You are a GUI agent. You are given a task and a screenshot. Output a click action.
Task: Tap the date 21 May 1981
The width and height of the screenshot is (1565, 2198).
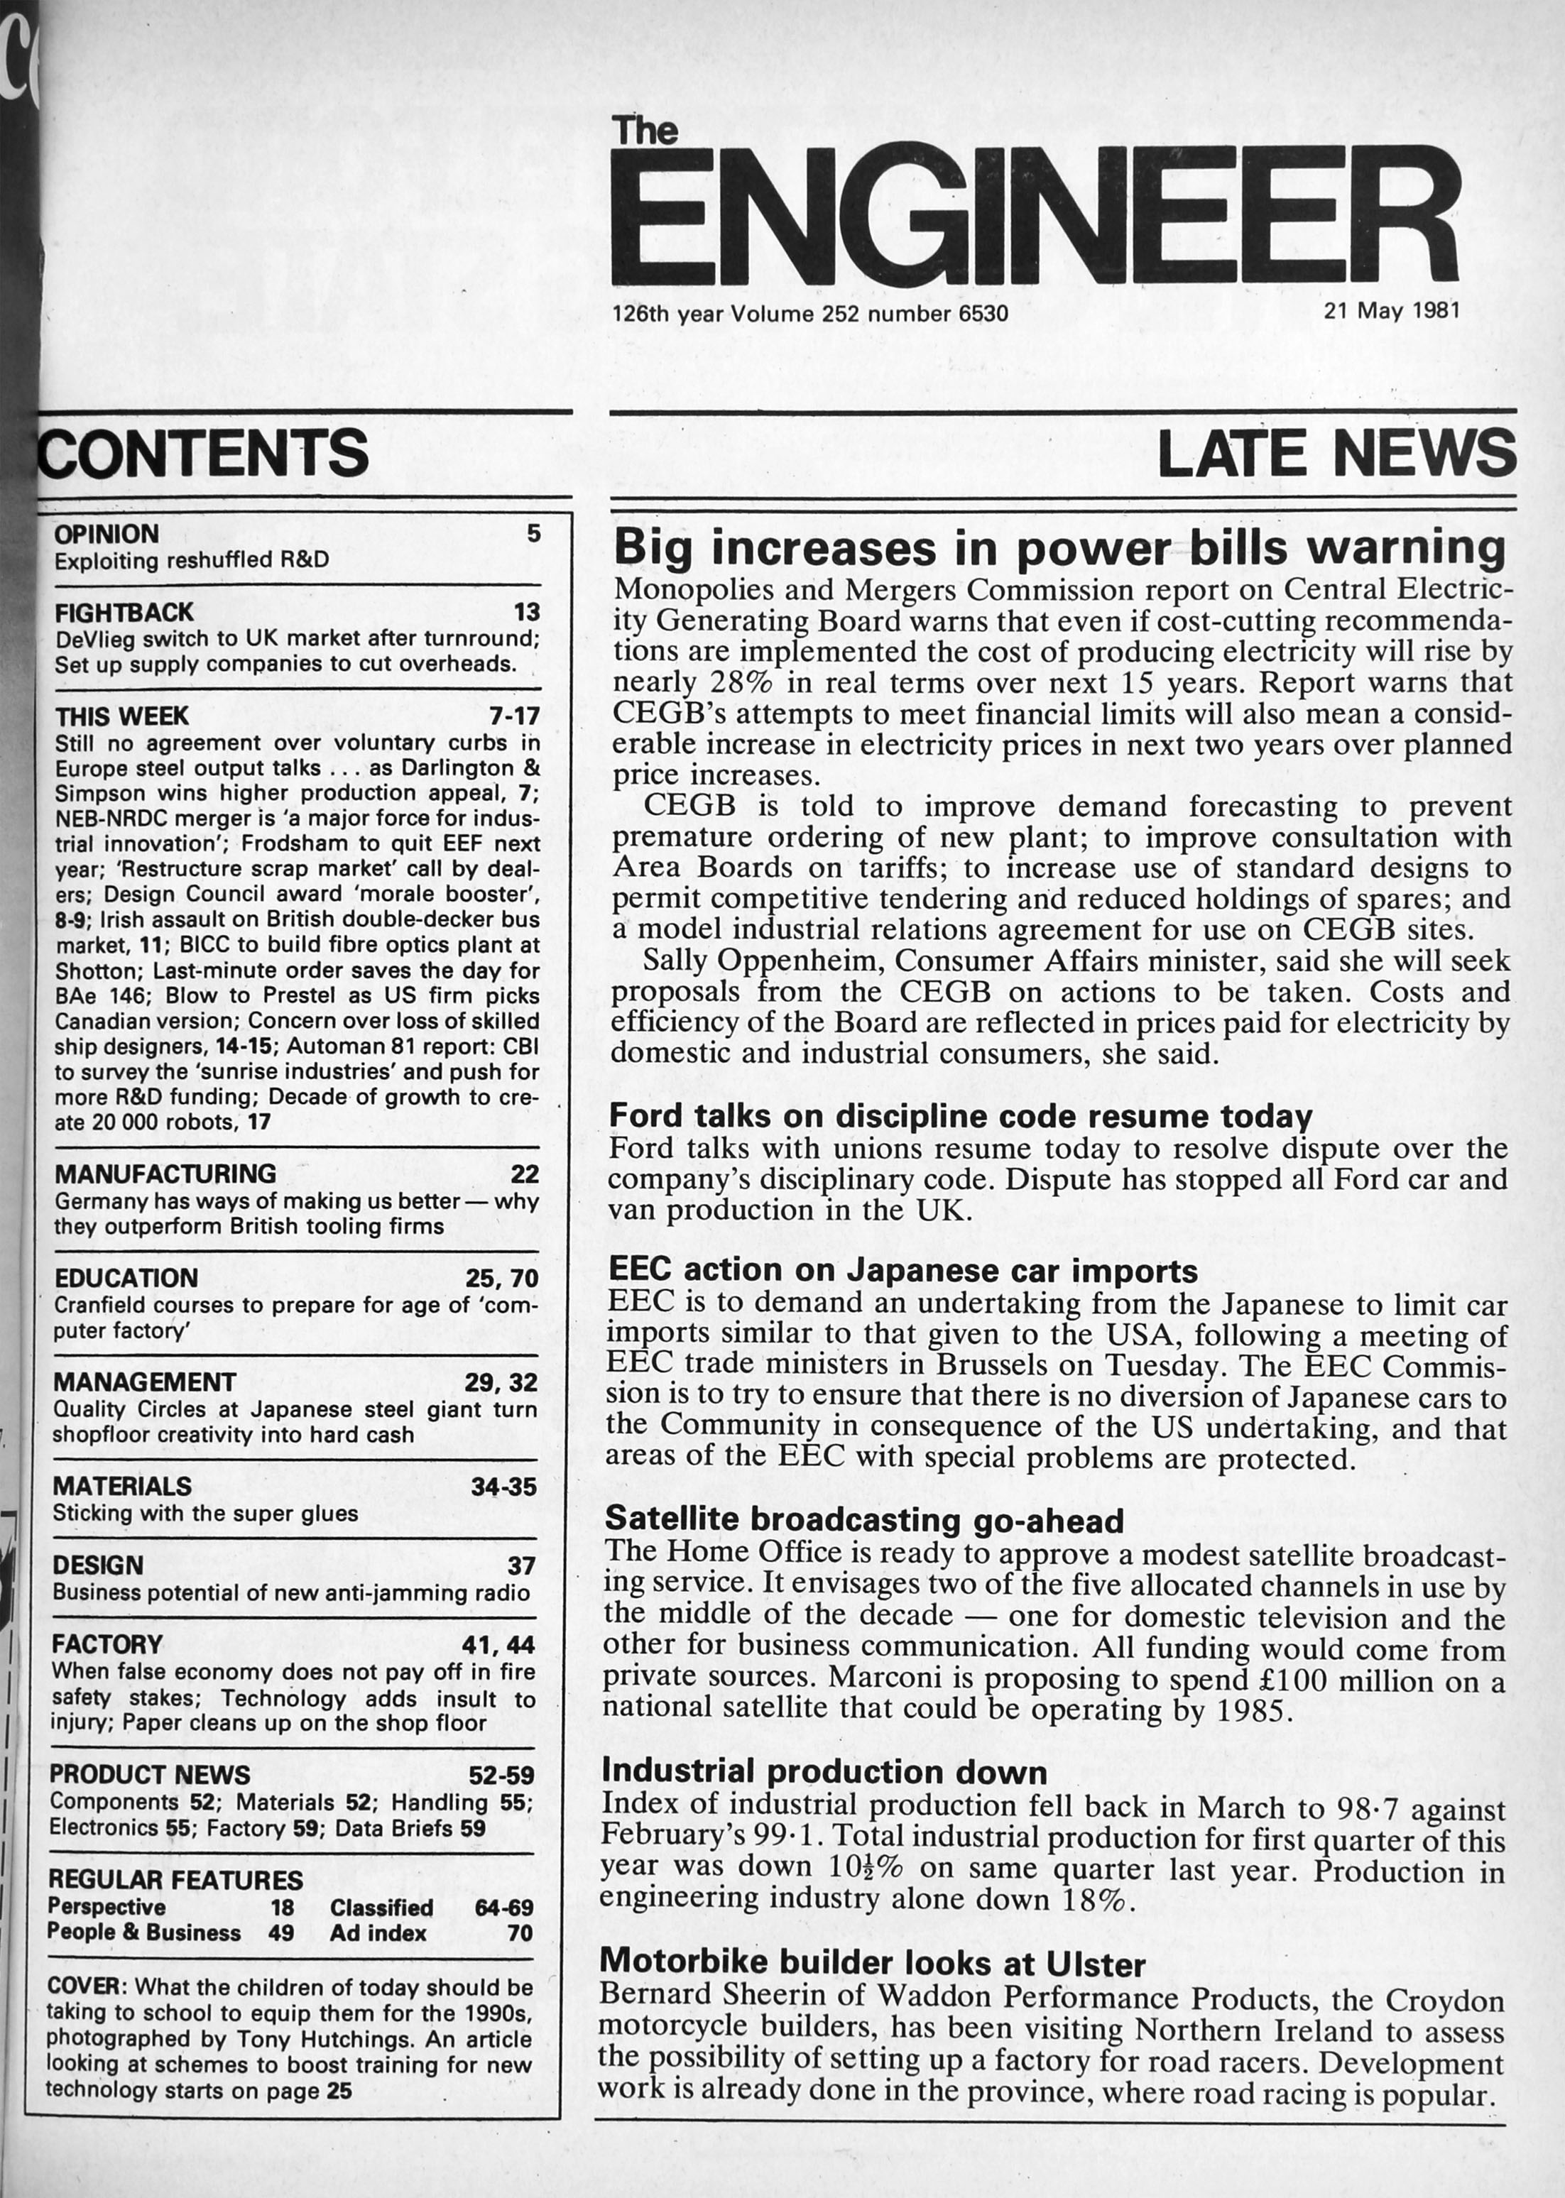pos(1392,310)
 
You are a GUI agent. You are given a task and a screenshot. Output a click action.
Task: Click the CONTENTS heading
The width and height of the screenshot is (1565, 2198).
pos(203,452)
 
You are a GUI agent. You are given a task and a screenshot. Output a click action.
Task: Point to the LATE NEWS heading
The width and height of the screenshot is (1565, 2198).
pos(1336,453)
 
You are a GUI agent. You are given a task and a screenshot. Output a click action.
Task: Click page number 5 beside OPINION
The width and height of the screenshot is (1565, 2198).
pos(533,533)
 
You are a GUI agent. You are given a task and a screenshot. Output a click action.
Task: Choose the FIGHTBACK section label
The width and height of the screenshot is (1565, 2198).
pos(124,612)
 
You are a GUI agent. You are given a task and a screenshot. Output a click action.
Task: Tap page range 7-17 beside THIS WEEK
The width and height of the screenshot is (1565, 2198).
pos(515,716)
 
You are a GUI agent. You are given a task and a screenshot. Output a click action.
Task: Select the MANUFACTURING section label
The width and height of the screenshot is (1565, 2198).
pos(165,1174)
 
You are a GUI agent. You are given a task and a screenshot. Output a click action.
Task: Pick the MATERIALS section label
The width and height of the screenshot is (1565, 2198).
pos(122,1486)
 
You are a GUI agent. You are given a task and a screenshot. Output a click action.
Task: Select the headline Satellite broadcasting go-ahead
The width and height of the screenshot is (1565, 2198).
pos(863,1519)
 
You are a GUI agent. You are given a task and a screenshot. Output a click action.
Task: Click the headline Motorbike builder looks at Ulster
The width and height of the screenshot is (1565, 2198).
pos(872,1961)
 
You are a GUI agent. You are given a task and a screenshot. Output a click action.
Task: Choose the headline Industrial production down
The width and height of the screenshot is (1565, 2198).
pos(824,1771)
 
